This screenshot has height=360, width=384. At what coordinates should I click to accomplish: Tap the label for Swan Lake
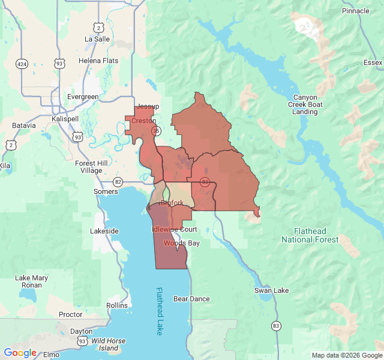pyautogui.click(x=272, y=290)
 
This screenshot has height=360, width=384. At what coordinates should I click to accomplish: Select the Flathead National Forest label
pyautogui.click(x=310, y=235)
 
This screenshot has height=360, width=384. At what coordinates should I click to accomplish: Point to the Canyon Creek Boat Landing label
pyautogui.click(x=305, y=104)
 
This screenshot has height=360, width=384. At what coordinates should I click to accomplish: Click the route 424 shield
pyautogui.click(x=22, y=64)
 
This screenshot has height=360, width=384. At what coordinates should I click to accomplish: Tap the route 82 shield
pyautogui.click(x=118, y=182)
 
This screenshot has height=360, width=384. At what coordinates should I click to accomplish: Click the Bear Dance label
pyautogui.click(x=191, y=299)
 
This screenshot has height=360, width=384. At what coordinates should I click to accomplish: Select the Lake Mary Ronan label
pyautogui.click(x=31, y=281)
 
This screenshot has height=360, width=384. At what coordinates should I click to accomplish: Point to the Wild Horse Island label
pyautogui.click(x=108, y=344)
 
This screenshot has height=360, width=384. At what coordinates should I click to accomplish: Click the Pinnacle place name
pyautogui.click(x=356, y=11)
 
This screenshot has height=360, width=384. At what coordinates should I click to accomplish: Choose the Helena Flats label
pyautogui.click(x=98, y=61)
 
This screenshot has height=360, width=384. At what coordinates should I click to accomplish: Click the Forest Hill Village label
pyautogui.click(x=88, y=167)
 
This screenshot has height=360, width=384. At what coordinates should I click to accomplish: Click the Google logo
pyautogui.click(x=20, y=353)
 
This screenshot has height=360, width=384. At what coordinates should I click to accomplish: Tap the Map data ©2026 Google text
pyautogui.click(x=346, y=355)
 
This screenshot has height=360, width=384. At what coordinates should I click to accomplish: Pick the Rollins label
pyautogui.click(x=117, y=305)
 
